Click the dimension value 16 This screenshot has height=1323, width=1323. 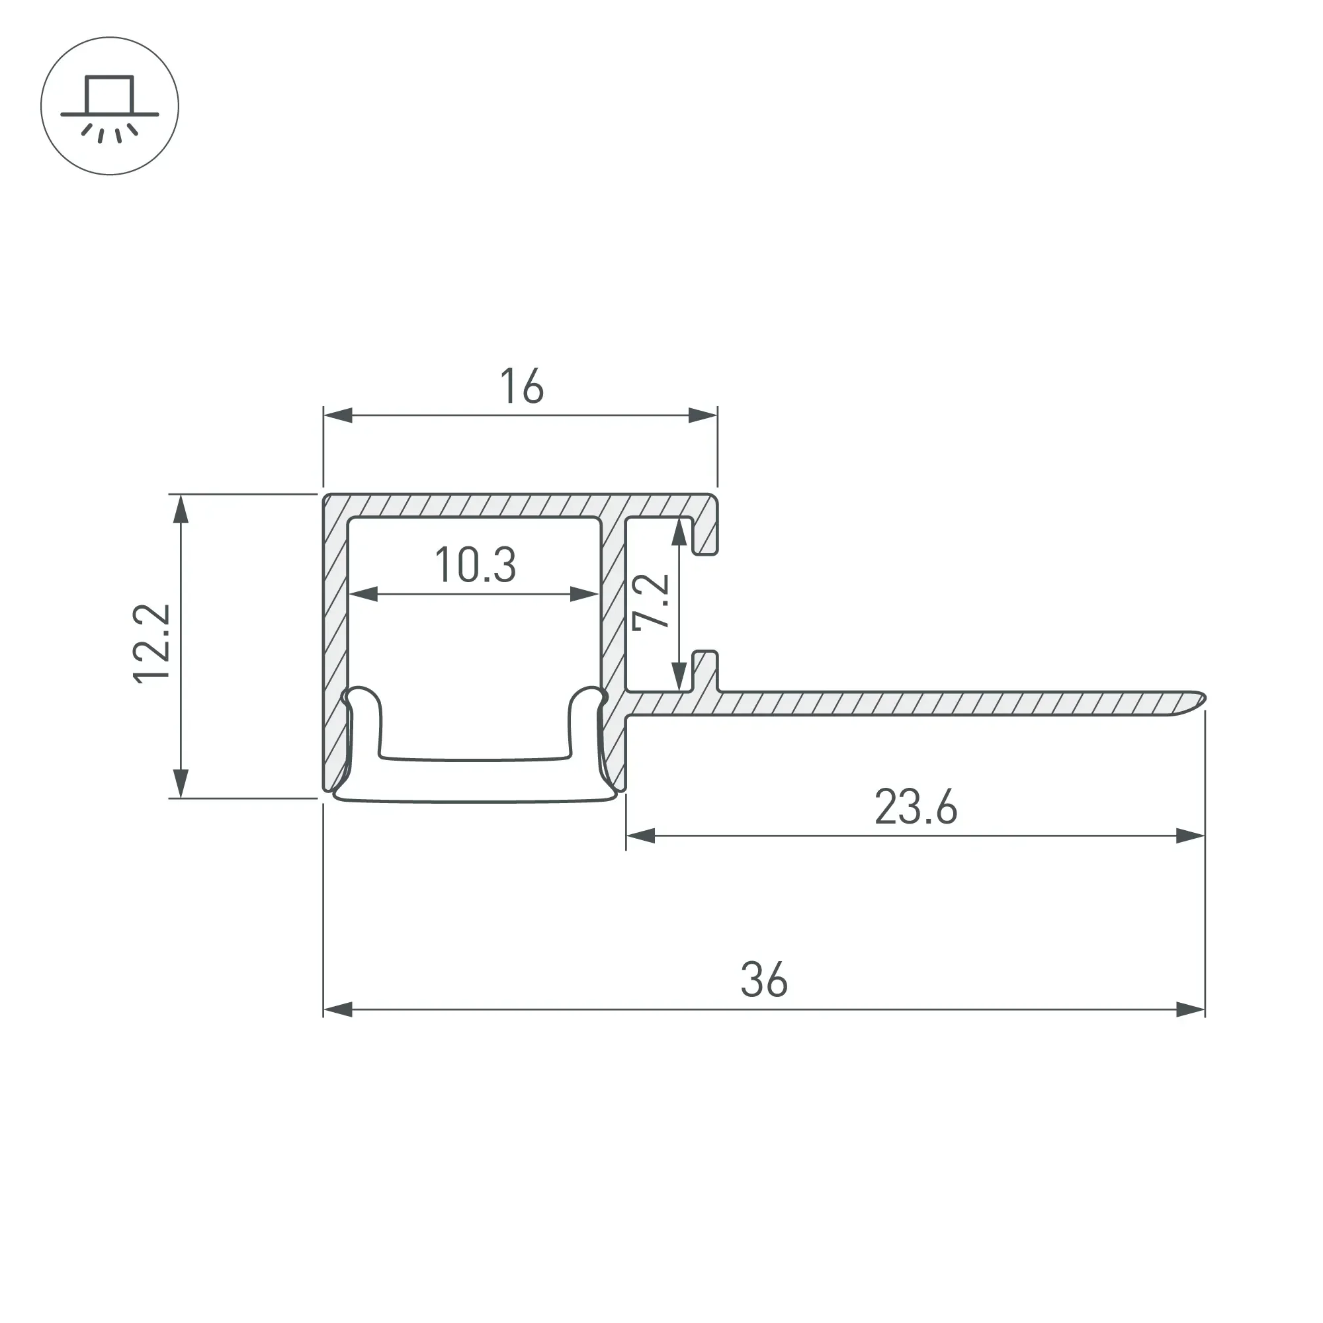(522, 386)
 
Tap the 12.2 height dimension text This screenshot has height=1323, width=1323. (151, 644)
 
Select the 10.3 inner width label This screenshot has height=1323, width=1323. (475, 565)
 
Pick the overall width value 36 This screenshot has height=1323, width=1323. (764, 980)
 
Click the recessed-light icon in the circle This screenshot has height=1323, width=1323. (110, 106)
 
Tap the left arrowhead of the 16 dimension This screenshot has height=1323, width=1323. (338, 415)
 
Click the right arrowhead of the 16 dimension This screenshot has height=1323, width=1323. (703, 415)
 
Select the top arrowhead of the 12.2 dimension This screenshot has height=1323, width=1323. (181, 509)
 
